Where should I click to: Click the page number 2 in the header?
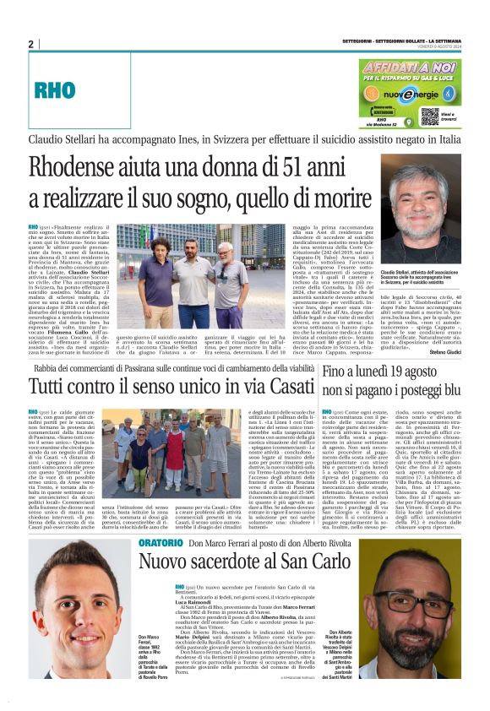pyautogui.click(x=30, y=44)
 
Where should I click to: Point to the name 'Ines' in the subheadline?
pyautogui.click(x=208, y=137)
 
